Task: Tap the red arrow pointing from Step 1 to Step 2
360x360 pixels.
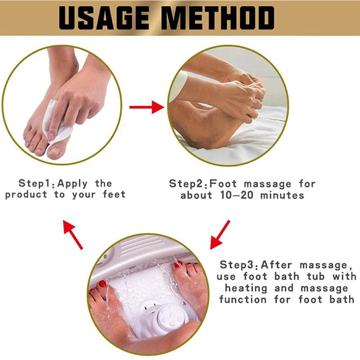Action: [147, 107]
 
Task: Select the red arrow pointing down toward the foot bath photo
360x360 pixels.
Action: [220, 234]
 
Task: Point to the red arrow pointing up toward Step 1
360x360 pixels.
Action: [73, 234]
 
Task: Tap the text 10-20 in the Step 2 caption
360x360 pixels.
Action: [237, 195]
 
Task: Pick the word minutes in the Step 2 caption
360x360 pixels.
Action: [282, 195]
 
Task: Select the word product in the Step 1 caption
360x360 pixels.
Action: [26, 195]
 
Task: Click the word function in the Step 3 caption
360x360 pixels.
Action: [243, 299]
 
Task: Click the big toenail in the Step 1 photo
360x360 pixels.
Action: [54, 151]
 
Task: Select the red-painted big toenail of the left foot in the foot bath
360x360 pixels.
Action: [103, 284]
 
